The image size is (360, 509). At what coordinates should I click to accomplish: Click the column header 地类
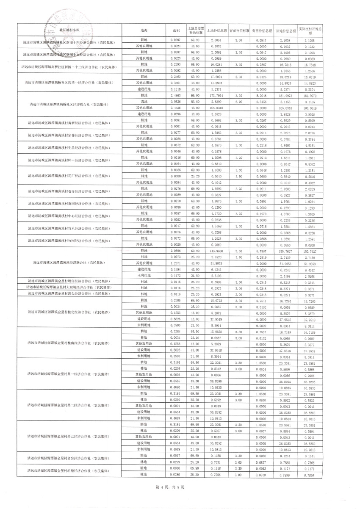pos(144,30)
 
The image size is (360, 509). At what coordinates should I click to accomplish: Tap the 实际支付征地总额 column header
pos(310,30)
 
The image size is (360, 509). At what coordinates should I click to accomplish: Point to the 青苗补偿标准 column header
pos(238,30)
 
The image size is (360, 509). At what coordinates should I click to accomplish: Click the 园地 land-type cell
pos(144,102)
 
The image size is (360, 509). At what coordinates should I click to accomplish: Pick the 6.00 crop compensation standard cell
pos(238,102)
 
